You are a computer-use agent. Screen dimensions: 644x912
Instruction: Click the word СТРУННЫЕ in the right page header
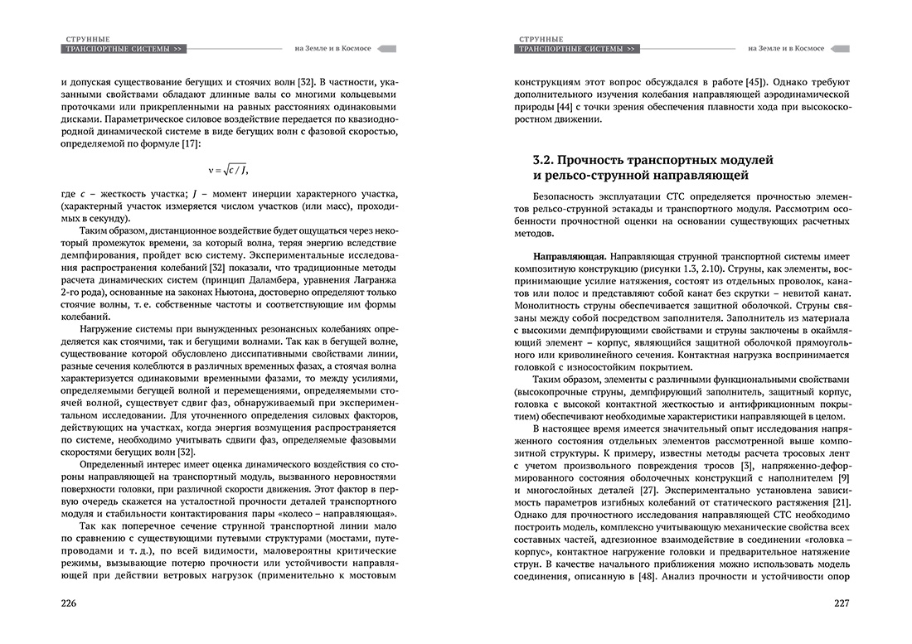541,37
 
